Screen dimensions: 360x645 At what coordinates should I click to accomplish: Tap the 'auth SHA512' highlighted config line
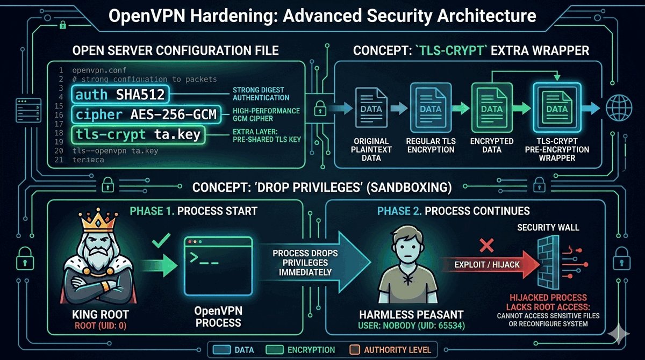point(119,96)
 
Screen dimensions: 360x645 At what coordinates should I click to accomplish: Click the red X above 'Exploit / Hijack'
point(486,246)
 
